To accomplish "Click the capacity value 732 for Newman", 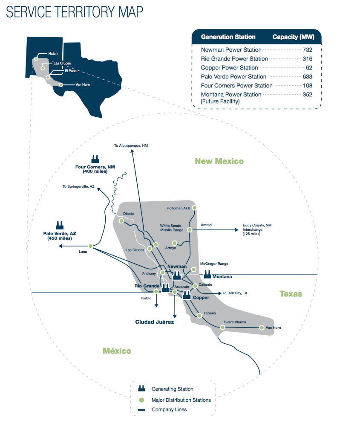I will tap(307, 50).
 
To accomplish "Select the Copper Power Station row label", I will tap(230, 68).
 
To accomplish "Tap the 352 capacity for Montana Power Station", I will tap(307, 95).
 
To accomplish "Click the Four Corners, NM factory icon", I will tap(95, 158).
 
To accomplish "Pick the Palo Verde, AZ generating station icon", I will tap(59, 225).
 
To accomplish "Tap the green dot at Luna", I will tap(90, 246).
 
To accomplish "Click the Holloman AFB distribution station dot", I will tap(194, 208).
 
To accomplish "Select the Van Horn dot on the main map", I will tap(262, 327).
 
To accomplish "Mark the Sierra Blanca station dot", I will tap(222, 327).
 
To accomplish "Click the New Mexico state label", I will tap(219, 161).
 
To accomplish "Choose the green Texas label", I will tap(291, 294).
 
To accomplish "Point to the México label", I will tap(117, 351).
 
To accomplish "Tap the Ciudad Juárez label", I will tap(154, 322).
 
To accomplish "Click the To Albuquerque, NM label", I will tap(131, 146).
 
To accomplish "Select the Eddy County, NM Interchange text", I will tap(257, 229).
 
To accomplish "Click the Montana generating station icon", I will tap(208, 273).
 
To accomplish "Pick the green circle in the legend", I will tap(141, 400).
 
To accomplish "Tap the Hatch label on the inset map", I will tap(53, 54).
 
